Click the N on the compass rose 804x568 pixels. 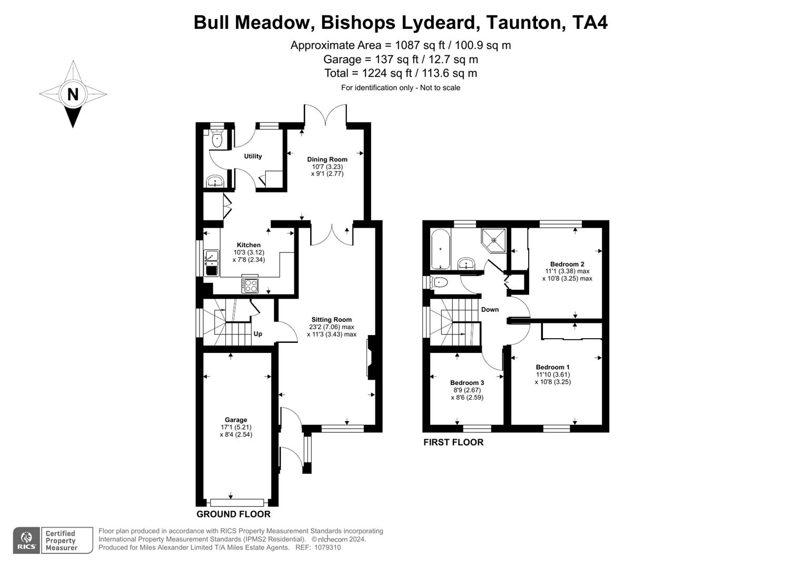coord(73,94)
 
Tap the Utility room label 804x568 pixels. coord(253,156)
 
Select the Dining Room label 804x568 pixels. coord(327,159)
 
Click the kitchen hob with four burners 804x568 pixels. coord(250,285)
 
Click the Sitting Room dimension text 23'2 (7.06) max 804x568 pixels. coord(331,327)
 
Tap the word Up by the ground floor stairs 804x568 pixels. coord(258,334)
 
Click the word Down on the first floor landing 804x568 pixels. coord(490,309)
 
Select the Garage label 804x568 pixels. coord(236,420)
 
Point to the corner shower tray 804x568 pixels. coord(494,240)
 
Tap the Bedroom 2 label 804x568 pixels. coord(567,264)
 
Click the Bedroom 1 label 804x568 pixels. coord(553,367)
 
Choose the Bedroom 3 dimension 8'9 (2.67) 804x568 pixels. coord(466,390)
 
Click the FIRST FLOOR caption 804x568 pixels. coord(453,442)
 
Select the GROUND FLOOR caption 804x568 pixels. coord(233,514)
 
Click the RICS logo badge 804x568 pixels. coord(26,541)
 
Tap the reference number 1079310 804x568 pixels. coord(327,547)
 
